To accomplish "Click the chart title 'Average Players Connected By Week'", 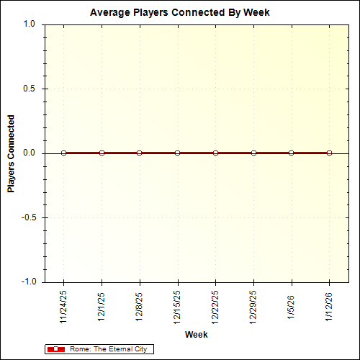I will [179, 12].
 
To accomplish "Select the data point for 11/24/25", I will [64, 153].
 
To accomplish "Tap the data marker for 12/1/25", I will [102, 153].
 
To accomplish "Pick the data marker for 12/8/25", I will [140, 153].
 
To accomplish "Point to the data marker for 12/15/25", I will [177, 153].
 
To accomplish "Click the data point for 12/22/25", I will [215, 153].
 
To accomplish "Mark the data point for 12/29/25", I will [253, 153].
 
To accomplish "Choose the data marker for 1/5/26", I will [291, 153].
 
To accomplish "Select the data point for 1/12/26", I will [329, 153].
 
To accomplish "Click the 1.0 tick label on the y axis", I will [29, 24].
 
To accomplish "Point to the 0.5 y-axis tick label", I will [29, 89].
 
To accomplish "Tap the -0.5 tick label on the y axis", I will [27, 217].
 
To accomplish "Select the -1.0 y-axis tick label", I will [27, 282].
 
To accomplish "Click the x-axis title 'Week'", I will [197, 335].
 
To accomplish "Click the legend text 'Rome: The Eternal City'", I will [108, 349].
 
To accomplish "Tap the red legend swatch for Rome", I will [55, 349].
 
